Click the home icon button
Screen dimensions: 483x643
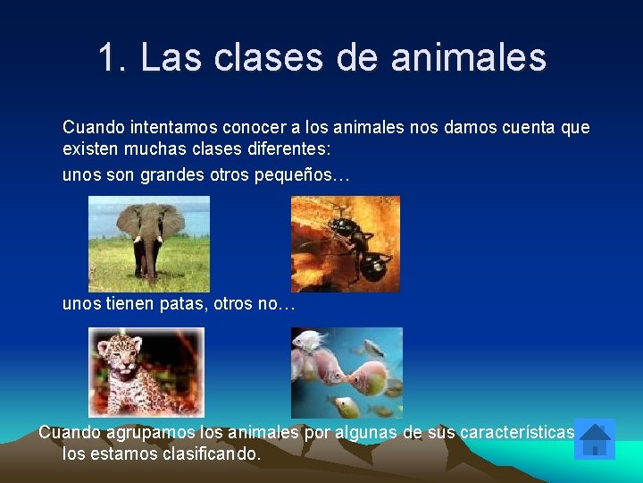click(595, 439)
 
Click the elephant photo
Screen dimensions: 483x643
click(149, 243)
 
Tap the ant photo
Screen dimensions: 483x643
click(346, 243)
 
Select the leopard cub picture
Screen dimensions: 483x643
click(146, 371)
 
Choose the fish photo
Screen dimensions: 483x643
click(347, 372)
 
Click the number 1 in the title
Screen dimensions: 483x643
click(111, 58)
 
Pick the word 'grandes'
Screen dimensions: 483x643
click(171, 174)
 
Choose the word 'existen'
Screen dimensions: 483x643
click(90, 150)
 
